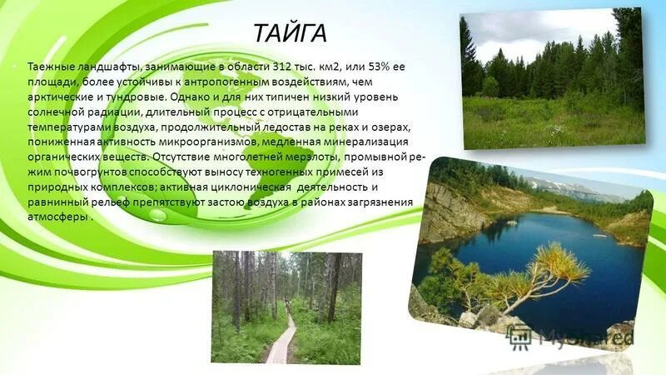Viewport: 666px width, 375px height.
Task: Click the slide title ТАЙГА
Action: point(291,33)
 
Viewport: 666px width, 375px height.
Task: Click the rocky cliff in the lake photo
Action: point(450,212)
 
